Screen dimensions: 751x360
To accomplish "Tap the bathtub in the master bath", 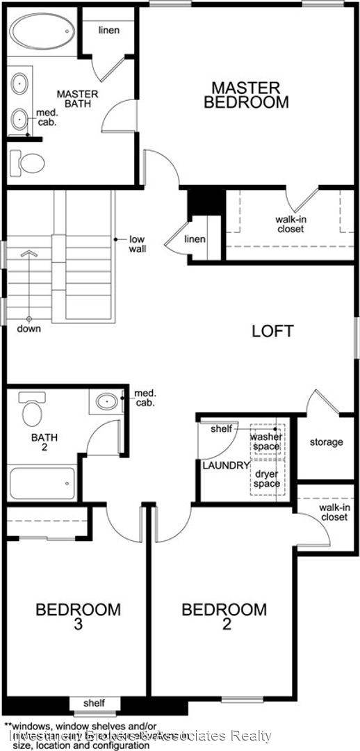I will (42, 33).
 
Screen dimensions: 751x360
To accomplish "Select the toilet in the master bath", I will (29, 164).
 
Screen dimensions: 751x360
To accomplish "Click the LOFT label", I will (272, 331).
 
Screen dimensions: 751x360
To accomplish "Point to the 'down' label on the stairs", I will (29, 328).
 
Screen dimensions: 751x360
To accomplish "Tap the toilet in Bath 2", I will (32, 411).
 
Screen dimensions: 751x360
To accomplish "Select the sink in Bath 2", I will (106, 401).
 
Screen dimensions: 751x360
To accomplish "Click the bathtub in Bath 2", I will (42, 483).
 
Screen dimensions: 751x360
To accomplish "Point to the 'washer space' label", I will (266, 442).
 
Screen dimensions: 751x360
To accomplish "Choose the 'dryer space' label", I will (267, 478).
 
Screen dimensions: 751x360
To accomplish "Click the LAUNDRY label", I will (225, 465).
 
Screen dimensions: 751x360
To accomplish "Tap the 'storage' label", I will (326, 442).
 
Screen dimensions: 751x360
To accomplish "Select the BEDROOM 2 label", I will (224, 616).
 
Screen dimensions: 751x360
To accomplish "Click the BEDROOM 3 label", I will (78, 616).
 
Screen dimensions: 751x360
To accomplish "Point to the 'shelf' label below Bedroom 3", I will (94, 703).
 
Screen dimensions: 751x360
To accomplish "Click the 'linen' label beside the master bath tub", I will (108, 30).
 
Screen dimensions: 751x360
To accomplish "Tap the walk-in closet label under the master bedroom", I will (290, 224).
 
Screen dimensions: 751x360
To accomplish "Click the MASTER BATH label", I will (77, 99).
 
